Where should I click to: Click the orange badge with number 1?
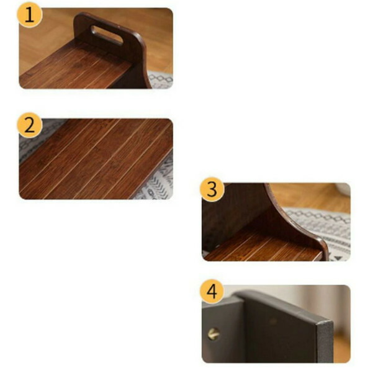[30, 15]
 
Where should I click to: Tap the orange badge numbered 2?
[30, 125]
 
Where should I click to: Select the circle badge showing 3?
[212, 189]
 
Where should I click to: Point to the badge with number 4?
[212, 292]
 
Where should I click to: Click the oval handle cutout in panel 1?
[107, 35]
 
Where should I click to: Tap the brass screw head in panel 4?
[213, 334]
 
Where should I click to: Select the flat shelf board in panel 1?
[76, 69]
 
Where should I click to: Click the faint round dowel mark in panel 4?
[273, 321]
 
